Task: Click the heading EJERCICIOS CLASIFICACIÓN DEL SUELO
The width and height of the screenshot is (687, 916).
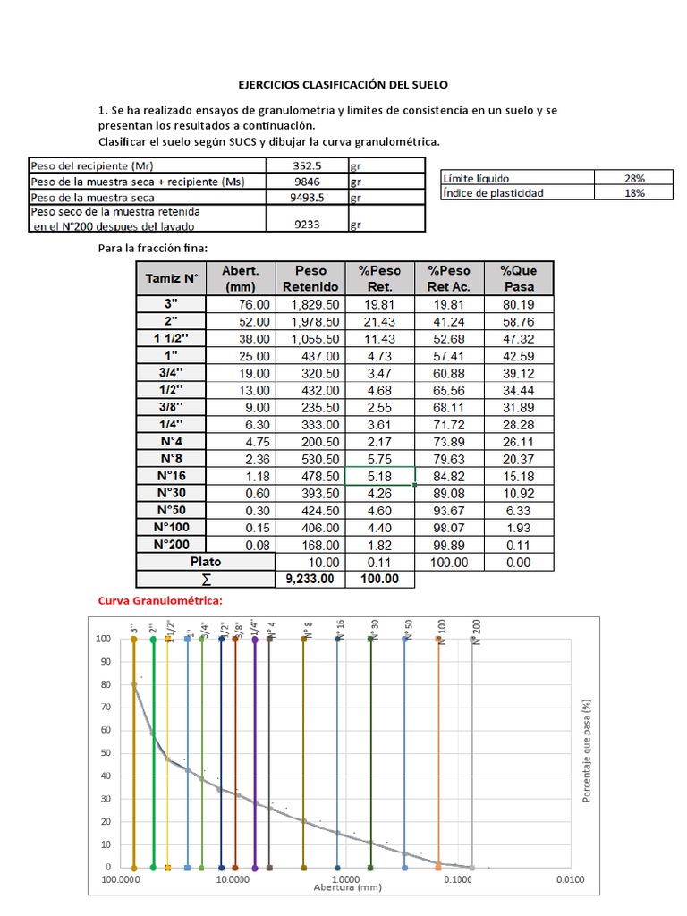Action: click(343, 84)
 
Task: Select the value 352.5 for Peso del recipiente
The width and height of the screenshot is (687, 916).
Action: click(307, 165)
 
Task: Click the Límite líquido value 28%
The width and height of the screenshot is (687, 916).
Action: click(634, 179)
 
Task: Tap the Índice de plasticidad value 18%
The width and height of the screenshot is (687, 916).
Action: click(634, 193)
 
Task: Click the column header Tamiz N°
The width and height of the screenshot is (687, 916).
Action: click(171, 278)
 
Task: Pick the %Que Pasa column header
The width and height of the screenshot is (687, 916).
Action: click(519, 278)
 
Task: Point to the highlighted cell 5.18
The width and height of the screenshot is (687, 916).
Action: click(379, 476)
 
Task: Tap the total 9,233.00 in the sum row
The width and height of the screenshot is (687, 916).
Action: click(310, 579)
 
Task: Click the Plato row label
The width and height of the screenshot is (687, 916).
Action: click(206, 562)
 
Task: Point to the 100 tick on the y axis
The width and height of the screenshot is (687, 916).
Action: click(105, 639)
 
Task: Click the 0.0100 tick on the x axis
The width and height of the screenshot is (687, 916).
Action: click(569, 880)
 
